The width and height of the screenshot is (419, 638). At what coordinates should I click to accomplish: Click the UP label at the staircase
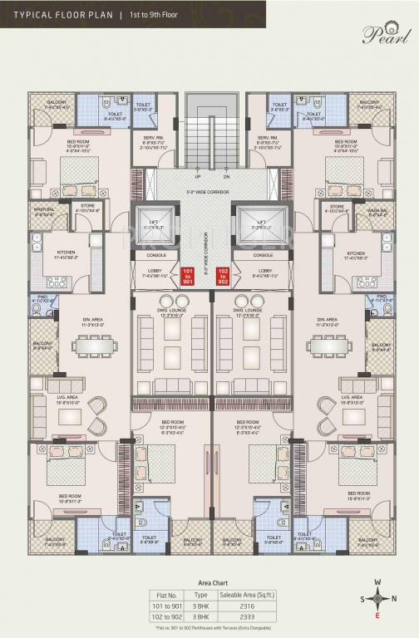[x=196, y=177]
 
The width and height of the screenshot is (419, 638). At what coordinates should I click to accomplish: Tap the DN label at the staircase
[x=226, y=177]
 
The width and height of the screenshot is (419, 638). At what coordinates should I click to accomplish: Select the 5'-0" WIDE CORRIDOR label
[x=209, y=195]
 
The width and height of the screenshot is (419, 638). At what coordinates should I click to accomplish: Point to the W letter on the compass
[x=379, y=582]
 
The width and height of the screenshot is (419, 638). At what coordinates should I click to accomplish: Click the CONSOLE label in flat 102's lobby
[x=264, y=255]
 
